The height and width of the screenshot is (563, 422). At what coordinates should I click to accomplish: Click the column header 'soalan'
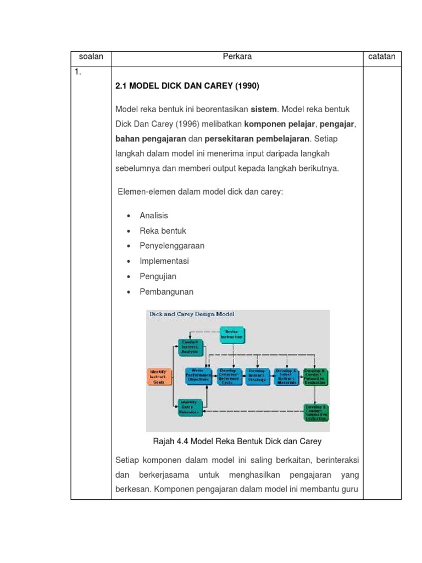coord(91,57)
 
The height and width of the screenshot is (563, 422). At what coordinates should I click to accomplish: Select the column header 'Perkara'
coord(237,57)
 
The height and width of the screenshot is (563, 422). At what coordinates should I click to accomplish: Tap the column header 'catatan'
coord(382,57)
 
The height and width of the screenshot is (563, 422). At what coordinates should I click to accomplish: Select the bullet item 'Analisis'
coord(154,216)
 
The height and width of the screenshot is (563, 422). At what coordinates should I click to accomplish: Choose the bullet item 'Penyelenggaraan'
coord(171,246)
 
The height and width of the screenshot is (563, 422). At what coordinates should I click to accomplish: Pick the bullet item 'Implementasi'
coord(164,261)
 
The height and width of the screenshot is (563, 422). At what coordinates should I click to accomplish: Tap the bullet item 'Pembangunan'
coord(166,291)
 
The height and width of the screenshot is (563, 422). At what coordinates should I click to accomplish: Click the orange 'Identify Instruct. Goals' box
coord(159,377)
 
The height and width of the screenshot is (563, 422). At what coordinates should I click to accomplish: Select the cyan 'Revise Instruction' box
coord(235,334)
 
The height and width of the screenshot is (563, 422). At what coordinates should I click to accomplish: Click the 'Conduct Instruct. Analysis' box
coord(191,347)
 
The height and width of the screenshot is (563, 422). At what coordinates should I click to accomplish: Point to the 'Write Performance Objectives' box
coord(198,376)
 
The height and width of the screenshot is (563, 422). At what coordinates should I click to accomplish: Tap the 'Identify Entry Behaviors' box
coord(191,407)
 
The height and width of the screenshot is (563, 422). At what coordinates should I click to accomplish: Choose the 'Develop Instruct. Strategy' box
coord(257,376)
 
